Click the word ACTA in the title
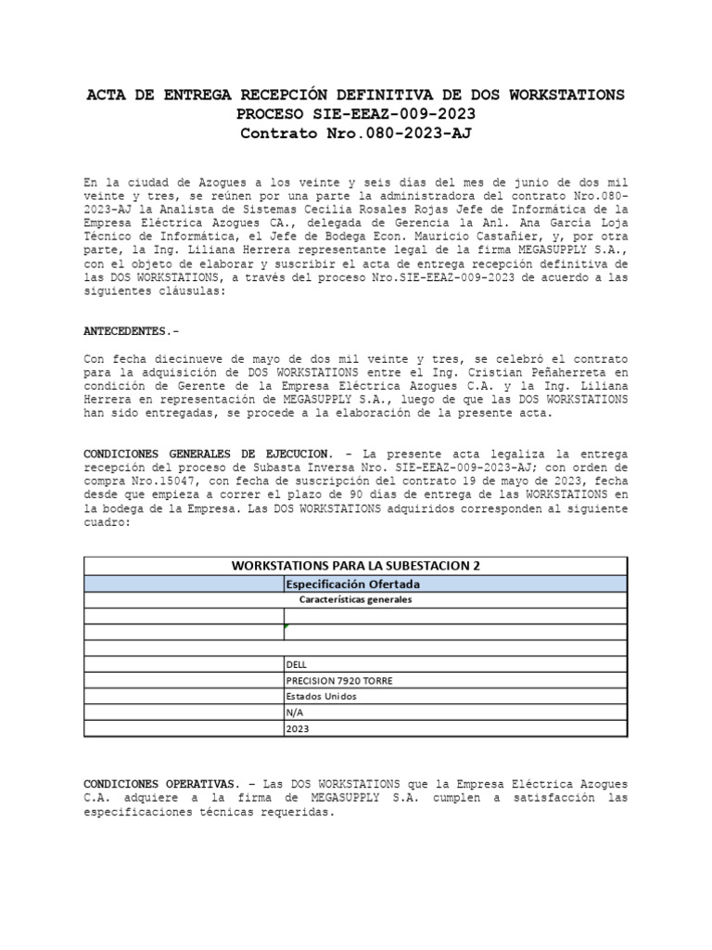[x=105, y=96]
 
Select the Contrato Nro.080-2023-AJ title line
[x=355, y=134]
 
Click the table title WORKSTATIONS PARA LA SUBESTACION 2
[x=355, y=566]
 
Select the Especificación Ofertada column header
[x=353, y=584]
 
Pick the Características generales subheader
[x=355, y=599]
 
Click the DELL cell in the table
[x=298, y=664]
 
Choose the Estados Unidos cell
[x=321, y=696]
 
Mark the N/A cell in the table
[x=296, y=712]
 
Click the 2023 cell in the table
[x=298, y=729]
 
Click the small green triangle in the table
[x=286, y=626]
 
